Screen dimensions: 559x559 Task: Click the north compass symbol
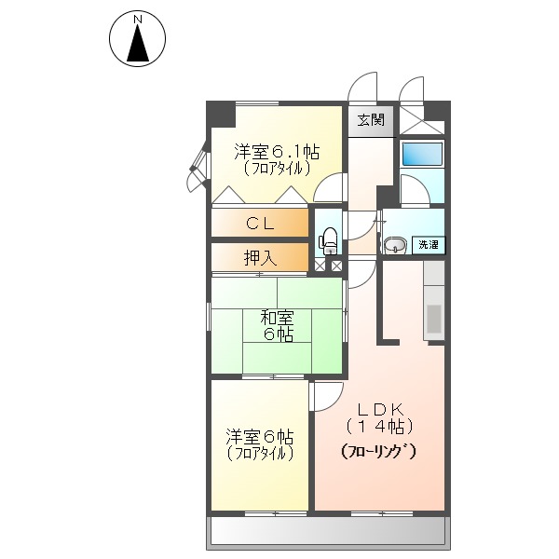pos(138,40)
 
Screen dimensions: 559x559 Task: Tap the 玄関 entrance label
pos(370,120)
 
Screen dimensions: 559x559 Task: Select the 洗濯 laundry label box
pos(428,245)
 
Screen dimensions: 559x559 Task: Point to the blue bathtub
pos(421,155)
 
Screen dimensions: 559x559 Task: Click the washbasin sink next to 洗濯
pos(396,246)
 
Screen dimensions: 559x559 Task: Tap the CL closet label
pos(259,224)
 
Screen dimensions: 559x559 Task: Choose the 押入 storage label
pos(259,258)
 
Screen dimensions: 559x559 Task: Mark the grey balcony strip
pos(326,532)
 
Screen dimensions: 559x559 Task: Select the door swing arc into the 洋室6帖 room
pos(324,397)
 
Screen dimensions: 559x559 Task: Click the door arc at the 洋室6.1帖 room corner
pos(329,189)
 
